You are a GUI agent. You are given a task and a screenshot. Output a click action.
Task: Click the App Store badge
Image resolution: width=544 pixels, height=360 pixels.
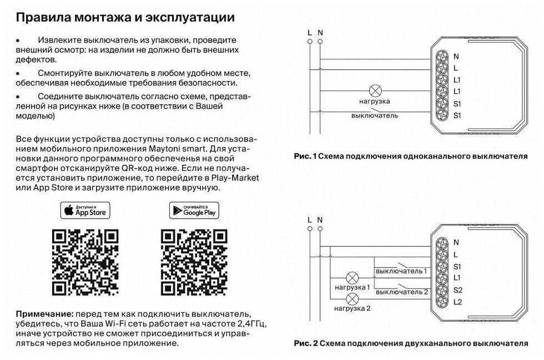click(x=85, y=210)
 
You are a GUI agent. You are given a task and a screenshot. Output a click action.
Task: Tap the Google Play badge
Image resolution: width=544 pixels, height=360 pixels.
click(x=194, y=210)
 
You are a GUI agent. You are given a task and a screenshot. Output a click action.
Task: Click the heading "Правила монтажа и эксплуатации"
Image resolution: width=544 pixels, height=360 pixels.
click(x=125, y=17)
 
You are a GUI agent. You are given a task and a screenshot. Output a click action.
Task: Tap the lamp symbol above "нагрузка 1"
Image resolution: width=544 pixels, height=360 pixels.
click(x=352, y=278)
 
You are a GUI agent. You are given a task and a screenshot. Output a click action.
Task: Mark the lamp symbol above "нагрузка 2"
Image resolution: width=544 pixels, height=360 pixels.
click(x=352, y=300)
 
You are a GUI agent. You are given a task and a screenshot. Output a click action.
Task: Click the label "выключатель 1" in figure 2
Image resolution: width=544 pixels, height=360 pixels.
click(x=401, y=271)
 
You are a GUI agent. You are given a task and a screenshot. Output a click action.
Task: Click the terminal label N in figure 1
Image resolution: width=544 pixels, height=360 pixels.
click(x=456, y=56)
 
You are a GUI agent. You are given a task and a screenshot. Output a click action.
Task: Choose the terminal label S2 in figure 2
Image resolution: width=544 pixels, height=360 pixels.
click(x=457, y=290)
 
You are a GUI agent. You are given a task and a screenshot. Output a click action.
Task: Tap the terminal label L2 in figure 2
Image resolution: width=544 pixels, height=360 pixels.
click(x=457, y=302)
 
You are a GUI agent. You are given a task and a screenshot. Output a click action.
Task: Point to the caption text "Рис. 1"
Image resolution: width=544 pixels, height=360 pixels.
click(x=305, y=156)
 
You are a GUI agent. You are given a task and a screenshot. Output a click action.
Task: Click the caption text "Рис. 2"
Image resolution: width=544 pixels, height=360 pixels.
click(x=305, y=343)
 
